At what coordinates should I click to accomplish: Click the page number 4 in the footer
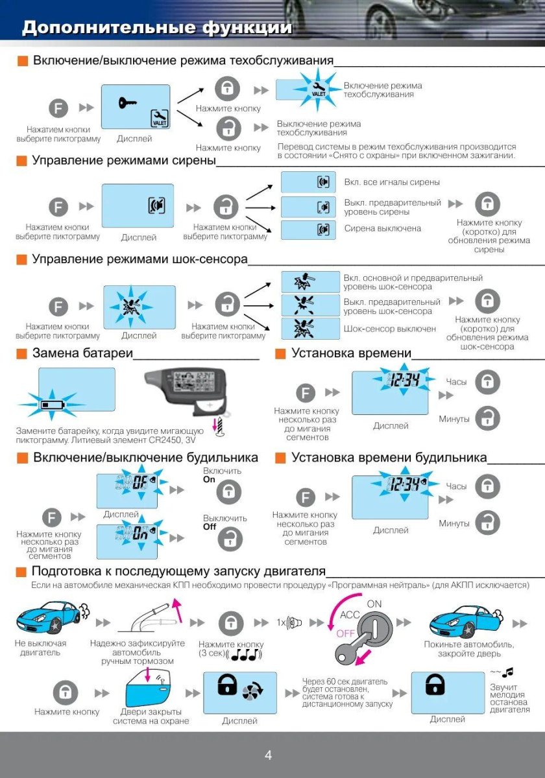pos(268,755)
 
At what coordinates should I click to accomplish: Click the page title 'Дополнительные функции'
pos(157,28)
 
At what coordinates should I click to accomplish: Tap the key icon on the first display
pos(127,102)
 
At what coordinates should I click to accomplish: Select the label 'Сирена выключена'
pos(382,228)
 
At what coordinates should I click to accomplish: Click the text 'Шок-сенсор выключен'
pos(389,329)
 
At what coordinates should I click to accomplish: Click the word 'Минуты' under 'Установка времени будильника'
pos(454,523)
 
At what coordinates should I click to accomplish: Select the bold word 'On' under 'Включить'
pos(209,480)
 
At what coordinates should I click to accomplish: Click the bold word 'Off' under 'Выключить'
pos(209,527)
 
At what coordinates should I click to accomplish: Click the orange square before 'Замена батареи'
pos(21,353)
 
